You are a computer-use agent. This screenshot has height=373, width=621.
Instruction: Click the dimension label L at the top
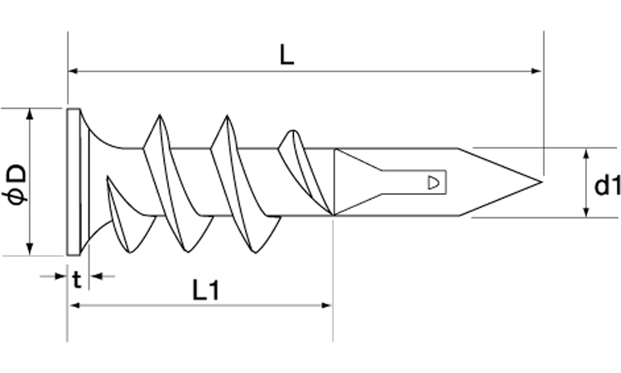click(x=287, y=55)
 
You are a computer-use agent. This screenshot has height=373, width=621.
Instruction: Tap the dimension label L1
click(x=205, y=290)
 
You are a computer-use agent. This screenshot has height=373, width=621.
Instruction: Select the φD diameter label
click(x=17, y=185)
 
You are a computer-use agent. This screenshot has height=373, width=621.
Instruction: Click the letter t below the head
click(x=77, y=280)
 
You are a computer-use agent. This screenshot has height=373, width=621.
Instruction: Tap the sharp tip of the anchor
click(x=541, y=182)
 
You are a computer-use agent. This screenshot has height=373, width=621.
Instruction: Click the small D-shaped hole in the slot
click(x=433, y=182)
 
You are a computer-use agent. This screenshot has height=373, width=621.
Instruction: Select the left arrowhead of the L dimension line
click(x=73, y=71)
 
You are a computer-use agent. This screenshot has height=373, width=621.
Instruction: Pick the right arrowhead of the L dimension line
click(x=537, y=71)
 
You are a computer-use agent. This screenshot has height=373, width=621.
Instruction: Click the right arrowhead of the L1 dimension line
click(x=327, y=305)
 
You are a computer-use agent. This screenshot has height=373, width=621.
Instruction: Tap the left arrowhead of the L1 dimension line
click(x=75, y=305)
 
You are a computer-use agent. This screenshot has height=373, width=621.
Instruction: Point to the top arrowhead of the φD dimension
click(x=30, y=114)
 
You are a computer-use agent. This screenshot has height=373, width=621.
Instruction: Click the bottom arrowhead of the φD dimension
click(x=30, y=249)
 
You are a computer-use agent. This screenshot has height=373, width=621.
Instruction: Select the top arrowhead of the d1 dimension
click(x=586, y=154)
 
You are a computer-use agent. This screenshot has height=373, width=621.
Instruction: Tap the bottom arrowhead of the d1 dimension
click(x=586, y=211)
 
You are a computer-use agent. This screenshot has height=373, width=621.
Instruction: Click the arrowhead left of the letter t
click(x=60, y=276)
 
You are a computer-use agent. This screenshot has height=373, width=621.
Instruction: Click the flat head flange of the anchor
click(x=74, y=182)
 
